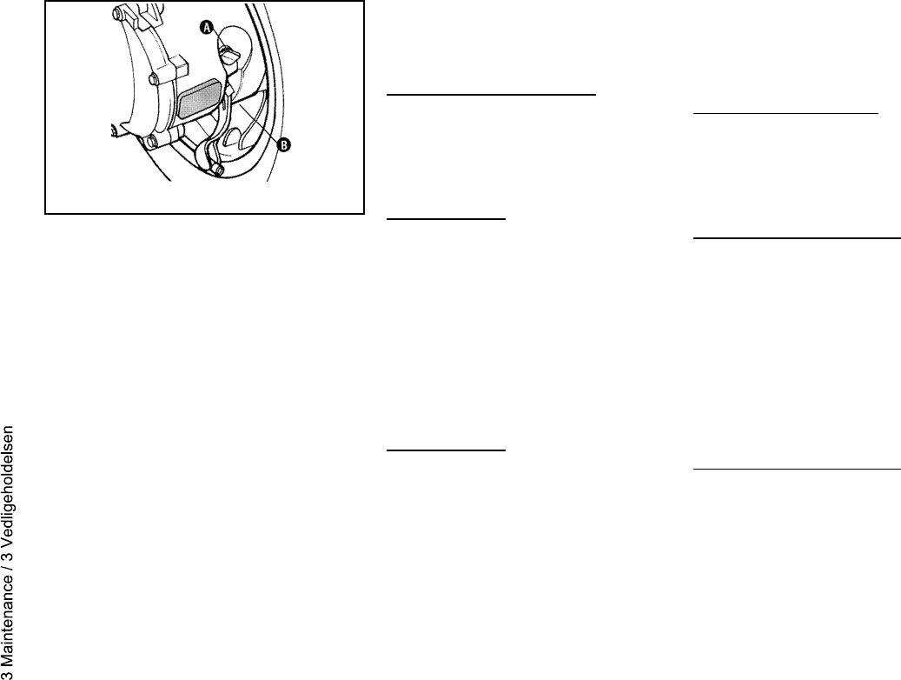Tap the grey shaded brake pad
(199, 101)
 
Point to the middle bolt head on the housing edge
(154, 80)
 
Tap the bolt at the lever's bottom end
(220, 170)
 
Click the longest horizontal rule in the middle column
(490, 90)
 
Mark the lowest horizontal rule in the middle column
(444, 450)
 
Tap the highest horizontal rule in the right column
(786, 112)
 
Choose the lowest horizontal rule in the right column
(797, 470)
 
